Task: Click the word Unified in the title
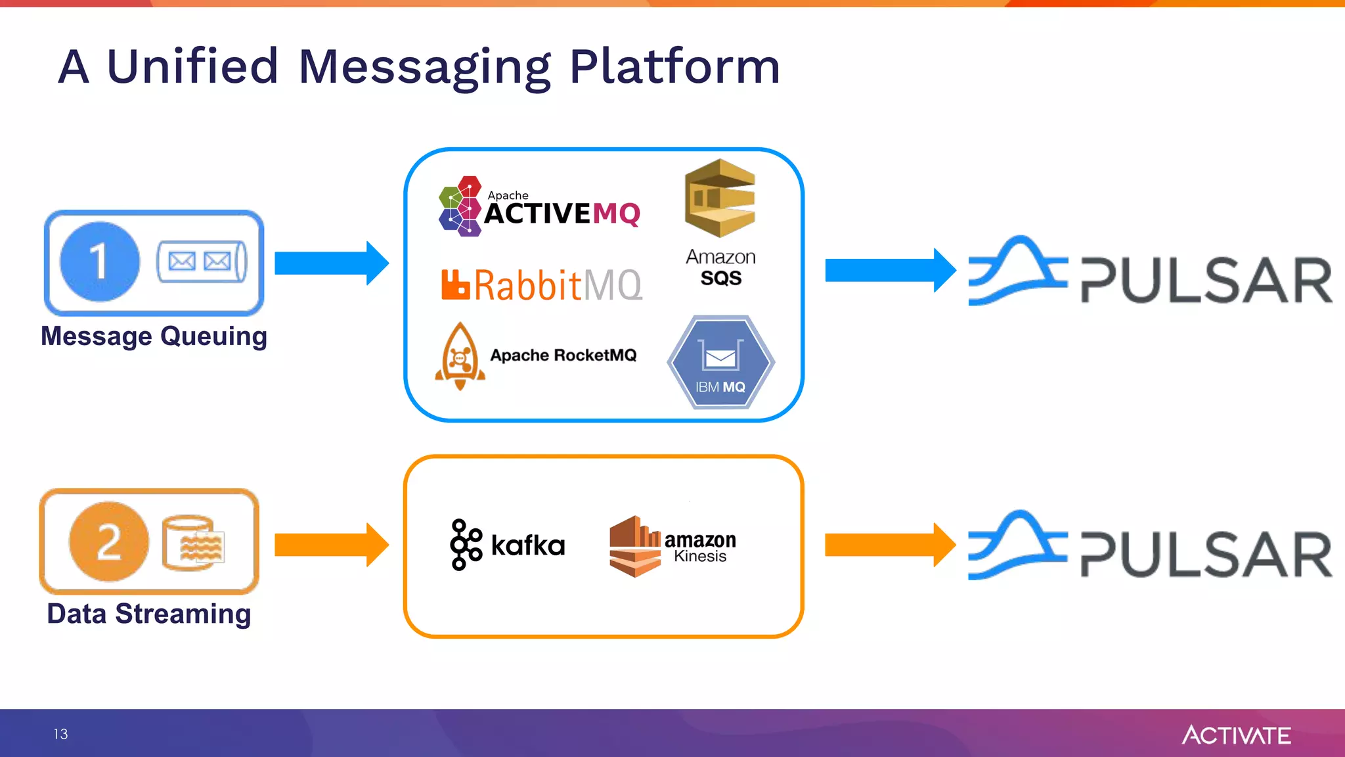(192, 66)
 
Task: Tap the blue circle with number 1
(100, 262)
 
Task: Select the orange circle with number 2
(109, 542)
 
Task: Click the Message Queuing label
(154, 336)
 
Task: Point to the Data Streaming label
(149, 614)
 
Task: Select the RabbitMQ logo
(542, 285)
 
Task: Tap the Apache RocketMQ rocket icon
(460, 356)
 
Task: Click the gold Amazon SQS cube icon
(720, 198)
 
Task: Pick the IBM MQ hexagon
(720, 362)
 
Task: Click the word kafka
(528, 545)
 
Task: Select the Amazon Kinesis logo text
(700, 547)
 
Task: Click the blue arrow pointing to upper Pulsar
(889, 270)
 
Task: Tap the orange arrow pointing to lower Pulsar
(889, 545)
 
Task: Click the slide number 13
(60, 734)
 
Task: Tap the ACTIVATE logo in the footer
(1236, 735)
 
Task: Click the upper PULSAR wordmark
(1206, 280)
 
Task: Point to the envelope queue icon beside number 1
(201, 262)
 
